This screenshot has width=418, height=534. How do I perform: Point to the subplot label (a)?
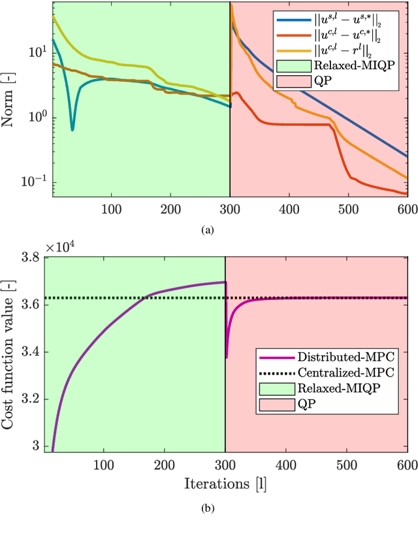coord(208,229)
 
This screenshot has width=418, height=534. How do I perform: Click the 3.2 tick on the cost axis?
coord(34,399)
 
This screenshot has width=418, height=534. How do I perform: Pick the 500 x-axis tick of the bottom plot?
coord(347,465)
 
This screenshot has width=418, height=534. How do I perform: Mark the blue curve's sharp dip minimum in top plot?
coord(72,129)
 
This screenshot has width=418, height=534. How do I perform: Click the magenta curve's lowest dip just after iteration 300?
coord(227,358)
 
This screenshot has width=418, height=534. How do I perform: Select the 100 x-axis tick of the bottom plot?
coord(104,465)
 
